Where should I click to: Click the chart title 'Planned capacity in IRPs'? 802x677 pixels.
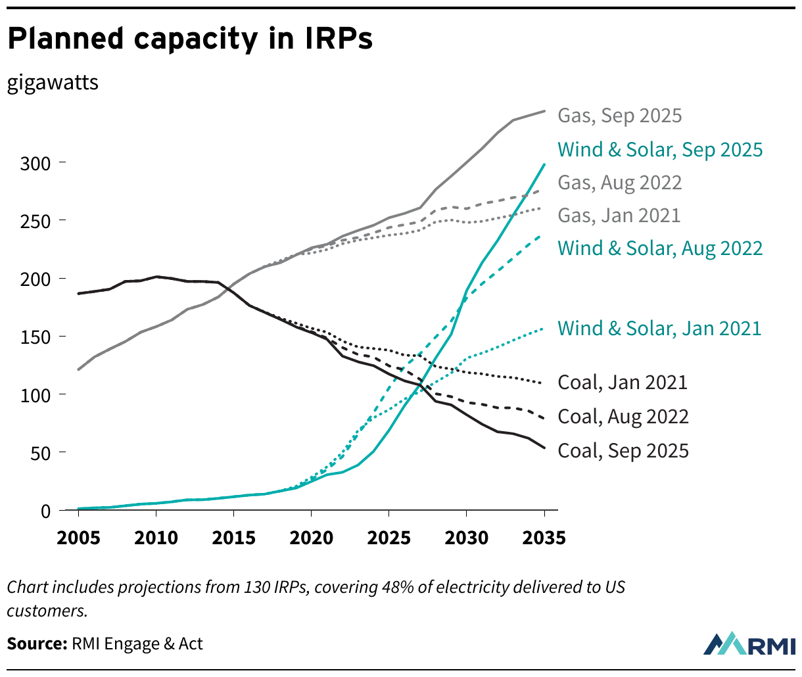[x=190, y=39]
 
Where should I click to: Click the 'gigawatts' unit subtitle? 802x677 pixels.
[x=53, y=83]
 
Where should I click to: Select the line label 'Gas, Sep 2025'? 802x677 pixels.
[x=620, y=116]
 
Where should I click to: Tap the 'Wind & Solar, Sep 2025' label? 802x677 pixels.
[x=660, y=150]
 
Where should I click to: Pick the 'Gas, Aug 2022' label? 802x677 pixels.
[x=620, y=183]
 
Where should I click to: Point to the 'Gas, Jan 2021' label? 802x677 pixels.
[x=619, y=216]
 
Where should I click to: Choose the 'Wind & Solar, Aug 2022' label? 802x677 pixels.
[x=660, y=248]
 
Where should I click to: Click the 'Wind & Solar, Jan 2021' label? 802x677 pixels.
[x=659, y=329]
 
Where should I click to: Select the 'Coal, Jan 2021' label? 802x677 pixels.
[x=622, y=383]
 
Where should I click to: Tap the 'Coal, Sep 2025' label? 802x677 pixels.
[x=623, y=451]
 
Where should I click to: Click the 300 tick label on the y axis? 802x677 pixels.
[x=35, y=163]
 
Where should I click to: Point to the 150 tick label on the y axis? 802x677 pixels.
[x=35, y=337]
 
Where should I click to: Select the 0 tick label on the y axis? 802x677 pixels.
[x=45, y=511]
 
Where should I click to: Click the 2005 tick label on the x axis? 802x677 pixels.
[x=78, y=538]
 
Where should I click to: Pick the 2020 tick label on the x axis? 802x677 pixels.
[x=312, y=538]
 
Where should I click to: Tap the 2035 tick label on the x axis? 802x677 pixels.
[x=544, y=538]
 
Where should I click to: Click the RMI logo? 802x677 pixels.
[x=749, y=644]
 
